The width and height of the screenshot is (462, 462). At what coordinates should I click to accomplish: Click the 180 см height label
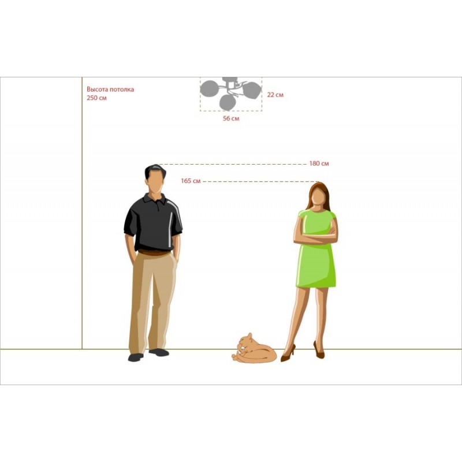pos(319,163)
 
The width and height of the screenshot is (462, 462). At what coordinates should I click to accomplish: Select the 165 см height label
pos(191,181)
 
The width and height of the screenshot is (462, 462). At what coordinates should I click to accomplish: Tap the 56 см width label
pos(231,118)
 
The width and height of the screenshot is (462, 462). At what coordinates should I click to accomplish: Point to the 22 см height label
pos(275,95)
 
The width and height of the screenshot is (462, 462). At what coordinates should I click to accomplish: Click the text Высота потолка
pos(110,89)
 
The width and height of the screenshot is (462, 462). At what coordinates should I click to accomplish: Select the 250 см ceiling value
pos(96,98)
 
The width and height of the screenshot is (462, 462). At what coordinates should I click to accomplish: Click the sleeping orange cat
pos(254,349)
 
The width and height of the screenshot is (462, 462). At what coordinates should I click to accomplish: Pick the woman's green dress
pos(316,251)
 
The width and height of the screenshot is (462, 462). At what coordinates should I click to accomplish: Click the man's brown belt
pos(154,252)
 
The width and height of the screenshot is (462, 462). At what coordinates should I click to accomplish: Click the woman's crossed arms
pos(316,235)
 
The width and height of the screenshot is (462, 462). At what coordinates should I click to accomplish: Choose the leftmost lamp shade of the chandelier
pos(209,89)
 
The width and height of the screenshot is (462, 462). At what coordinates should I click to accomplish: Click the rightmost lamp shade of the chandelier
pos(252,90)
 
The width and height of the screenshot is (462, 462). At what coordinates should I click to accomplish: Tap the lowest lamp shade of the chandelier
pos(228,102)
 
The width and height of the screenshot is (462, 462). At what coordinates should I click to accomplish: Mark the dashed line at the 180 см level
pos(232,164)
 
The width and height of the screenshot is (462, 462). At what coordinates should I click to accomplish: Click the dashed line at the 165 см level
pos(261,181)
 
